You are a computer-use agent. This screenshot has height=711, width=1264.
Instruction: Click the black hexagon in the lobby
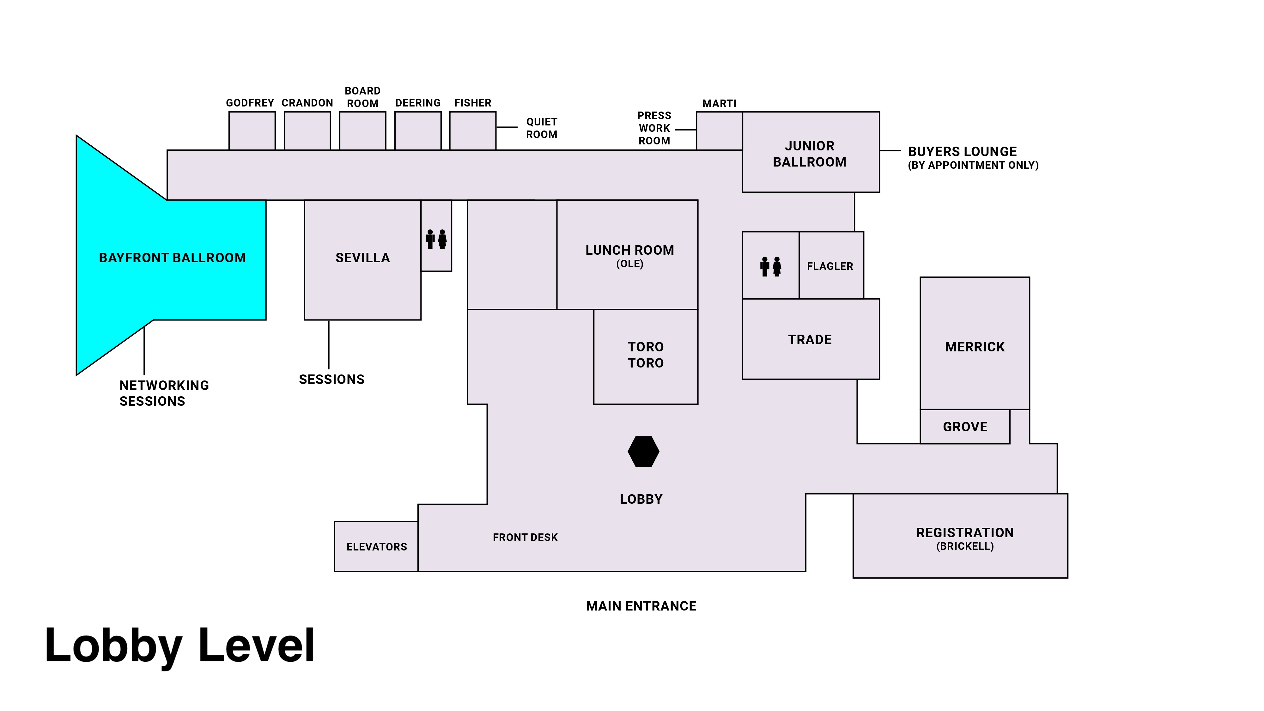point(643,452)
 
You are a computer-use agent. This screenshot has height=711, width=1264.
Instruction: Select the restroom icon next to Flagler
point(770,266)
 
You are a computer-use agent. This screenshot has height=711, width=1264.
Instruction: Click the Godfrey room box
point(252,131)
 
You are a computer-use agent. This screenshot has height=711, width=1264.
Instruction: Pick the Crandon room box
point(307,131)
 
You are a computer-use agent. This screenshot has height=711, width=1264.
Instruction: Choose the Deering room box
point(417,131)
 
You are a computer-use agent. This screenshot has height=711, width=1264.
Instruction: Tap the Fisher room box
point(472,131)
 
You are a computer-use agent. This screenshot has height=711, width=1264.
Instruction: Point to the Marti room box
point(719,131)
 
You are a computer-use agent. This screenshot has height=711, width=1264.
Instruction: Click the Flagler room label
point(830,266)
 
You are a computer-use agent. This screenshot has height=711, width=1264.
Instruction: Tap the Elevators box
point(376,547)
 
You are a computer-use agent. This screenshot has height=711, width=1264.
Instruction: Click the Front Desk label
point(525,537)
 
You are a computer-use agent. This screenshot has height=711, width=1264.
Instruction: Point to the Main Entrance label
point(641,606)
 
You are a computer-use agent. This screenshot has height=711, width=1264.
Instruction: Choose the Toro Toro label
point(645,355)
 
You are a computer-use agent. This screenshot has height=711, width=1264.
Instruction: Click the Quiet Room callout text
point(542,128)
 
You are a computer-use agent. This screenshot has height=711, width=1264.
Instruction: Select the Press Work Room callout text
point(654,128)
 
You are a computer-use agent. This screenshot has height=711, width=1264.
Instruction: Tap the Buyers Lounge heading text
point(962,152)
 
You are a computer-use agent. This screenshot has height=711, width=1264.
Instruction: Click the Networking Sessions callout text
point(164,393)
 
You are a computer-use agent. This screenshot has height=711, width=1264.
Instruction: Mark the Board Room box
point(363,131)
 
